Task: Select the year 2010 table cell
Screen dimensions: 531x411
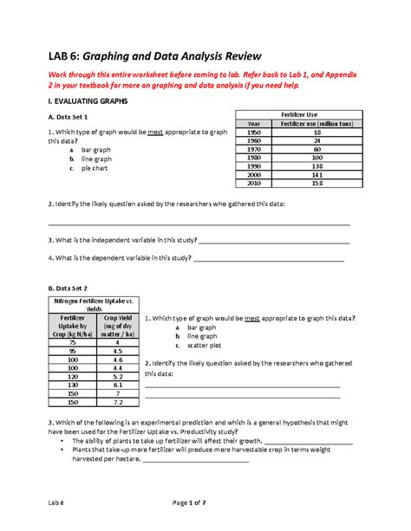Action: coord(253,183)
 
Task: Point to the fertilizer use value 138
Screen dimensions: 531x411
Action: coord(316,165)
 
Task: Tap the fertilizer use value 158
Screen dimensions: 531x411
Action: coord(316,183)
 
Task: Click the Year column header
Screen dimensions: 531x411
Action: coord(253,123)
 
